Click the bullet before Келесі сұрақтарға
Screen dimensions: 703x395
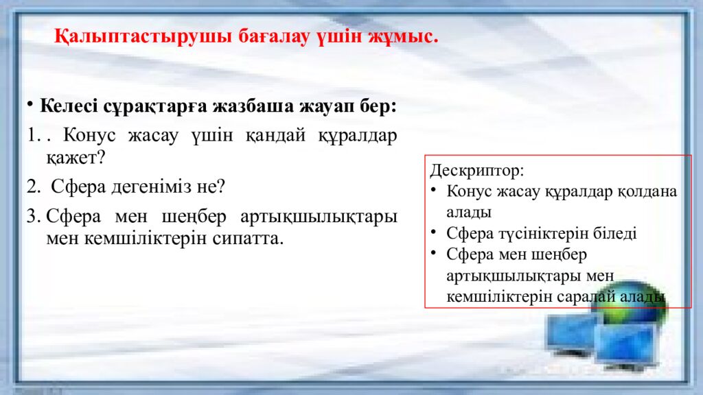click(30, 105)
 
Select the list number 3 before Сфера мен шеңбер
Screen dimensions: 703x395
click(33, 216)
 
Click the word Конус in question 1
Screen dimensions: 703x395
click(89, 135)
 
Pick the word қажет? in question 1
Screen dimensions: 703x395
click(76, 158)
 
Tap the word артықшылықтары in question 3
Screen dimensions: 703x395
click(319, 217)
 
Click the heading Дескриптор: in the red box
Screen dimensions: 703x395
click(477, 171)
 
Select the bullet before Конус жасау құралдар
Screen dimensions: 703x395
click(434, 190)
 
